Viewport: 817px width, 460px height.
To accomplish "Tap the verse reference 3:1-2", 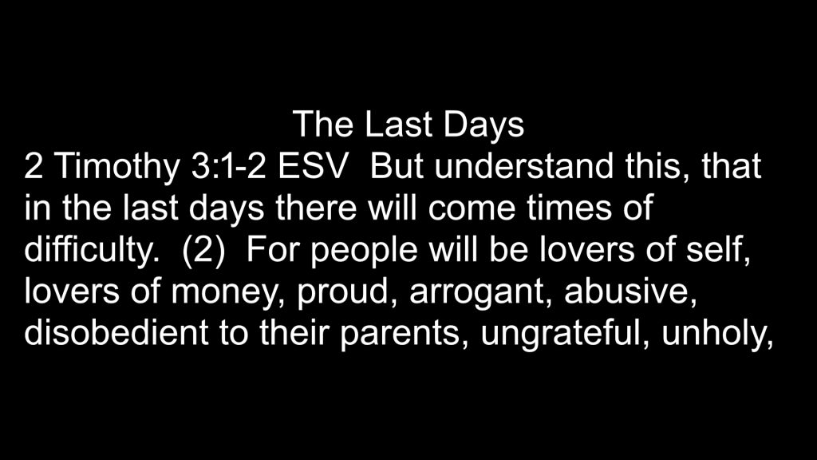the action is click(x=229, y=167).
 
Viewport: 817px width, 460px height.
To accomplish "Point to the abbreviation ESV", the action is click(x=311, y=167).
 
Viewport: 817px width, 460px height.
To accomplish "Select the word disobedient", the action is click(x=116, y=333).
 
